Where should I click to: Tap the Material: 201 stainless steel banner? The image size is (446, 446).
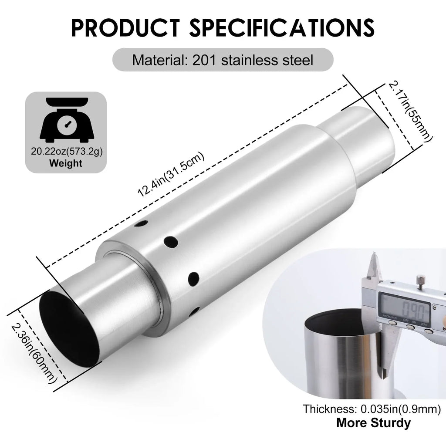coord(223,59)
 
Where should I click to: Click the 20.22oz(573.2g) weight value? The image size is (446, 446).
coord(67,151)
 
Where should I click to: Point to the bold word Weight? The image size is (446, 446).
coord(66,164)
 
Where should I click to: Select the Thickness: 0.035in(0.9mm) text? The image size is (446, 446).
coord(372,409)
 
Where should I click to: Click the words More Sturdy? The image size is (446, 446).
coord(373,422)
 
